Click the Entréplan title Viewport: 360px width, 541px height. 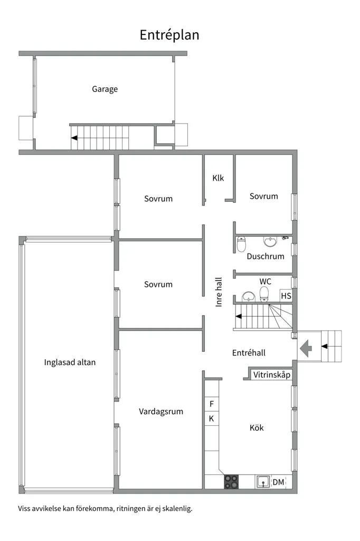click(169, 35)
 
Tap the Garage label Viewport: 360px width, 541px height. click(105, 89)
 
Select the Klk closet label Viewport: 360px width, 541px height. click(218, 178)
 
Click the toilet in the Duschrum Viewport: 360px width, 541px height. click(241, 244)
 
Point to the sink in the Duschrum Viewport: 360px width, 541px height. click(270, 241)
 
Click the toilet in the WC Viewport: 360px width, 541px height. click(264, 294)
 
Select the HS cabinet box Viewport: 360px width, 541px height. click(286, 296)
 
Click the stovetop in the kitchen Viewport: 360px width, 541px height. click(231, 482)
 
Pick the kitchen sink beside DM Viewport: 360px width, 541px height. click(263, 482)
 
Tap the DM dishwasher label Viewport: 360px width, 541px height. click(279, 482)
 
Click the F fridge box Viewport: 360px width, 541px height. click(212, 404)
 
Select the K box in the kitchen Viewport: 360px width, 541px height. click(212, 418)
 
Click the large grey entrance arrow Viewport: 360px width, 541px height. click(306, 348)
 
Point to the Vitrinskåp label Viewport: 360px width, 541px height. click(272, 375)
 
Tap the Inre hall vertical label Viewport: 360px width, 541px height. click(219, 292)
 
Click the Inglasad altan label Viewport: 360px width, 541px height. click(70, 362)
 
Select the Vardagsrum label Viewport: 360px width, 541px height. click(160, 412)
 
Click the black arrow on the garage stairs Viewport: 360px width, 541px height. click(74, 138)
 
